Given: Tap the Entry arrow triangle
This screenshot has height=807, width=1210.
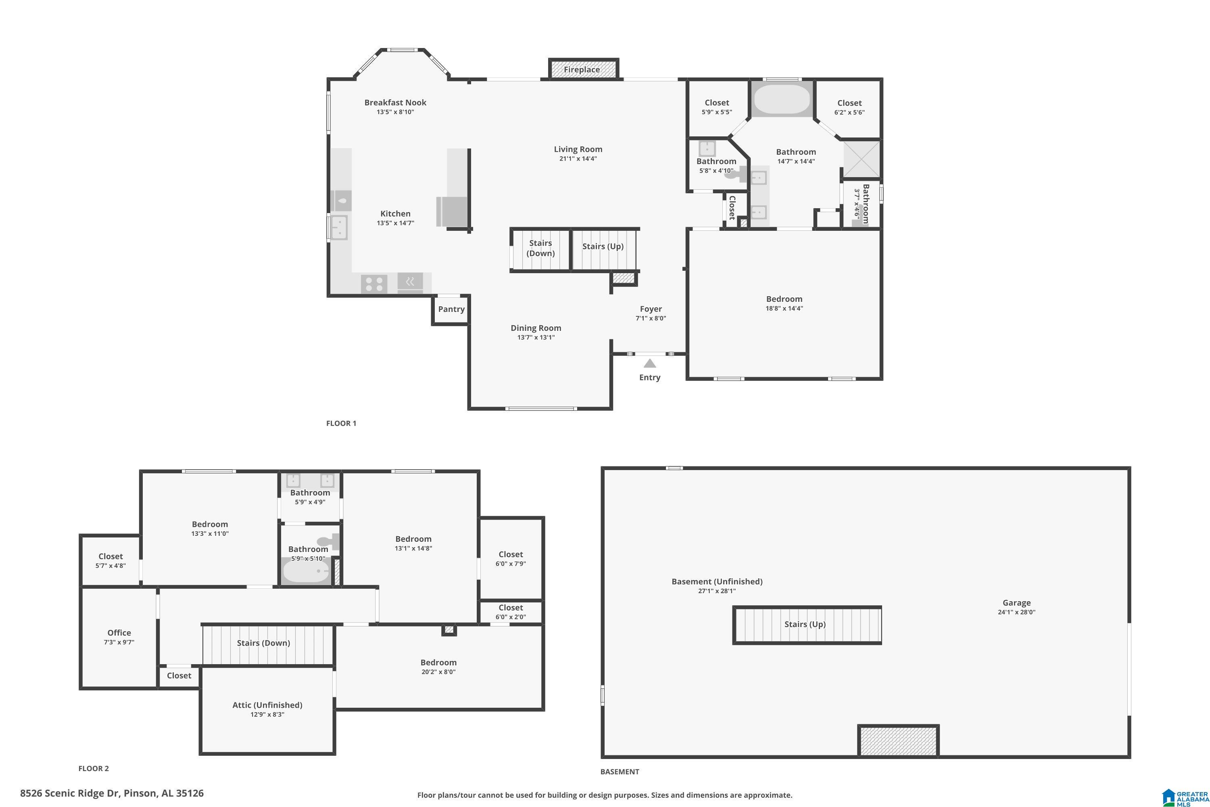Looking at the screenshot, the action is [x=650, y=364].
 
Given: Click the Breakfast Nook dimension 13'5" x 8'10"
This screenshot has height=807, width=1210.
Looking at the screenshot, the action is [x=395, y=112].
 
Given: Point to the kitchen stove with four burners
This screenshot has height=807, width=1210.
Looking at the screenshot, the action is [x=374, y=284].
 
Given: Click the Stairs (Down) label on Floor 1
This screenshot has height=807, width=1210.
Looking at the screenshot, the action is [x=540, y=248].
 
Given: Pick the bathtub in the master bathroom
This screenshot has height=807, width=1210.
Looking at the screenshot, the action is [x=782, y=99].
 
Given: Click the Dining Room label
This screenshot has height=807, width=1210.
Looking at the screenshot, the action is [x=536, y=328].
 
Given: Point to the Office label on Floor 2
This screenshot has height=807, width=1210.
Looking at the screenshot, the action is [x=119, y=633].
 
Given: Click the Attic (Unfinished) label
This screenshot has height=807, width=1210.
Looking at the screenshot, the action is [x=267, y=705].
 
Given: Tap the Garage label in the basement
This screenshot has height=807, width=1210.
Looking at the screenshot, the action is [x=1016, y=603].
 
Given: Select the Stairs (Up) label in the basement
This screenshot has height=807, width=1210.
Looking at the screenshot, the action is [x=805, y=624].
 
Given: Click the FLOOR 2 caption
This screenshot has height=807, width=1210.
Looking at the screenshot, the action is [x=94, y=768].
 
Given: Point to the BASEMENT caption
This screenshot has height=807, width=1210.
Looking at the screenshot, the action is [x=620, y=771].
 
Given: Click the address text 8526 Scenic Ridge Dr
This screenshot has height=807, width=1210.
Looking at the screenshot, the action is [x=69, y=793].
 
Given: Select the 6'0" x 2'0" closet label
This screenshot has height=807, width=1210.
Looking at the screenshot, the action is [x=510, y=617].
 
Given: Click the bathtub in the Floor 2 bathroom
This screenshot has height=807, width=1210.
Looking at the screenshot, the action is [x=306, y=572].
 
